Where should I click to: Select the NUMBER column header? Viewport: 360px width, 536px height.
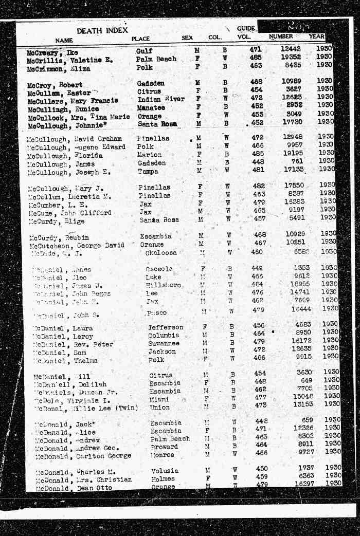(281, 36)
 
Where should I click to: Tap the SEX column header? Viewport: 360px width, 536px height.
(187, 38)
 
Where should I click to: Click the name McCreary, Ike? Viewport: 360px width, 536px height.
(52, 52)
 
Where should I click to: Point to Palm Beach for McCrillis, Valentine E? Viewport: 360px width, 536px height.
(156, 59)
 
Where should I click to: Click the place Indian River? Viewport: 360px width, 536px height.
(160, 99)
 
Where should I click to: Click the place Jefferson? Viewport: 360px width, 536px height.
(165, 327)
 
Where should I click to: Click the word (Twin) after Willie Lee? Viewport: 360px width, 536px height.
(126, 408)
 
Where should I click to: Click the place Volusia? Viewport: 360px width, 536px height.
(165, 471)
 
